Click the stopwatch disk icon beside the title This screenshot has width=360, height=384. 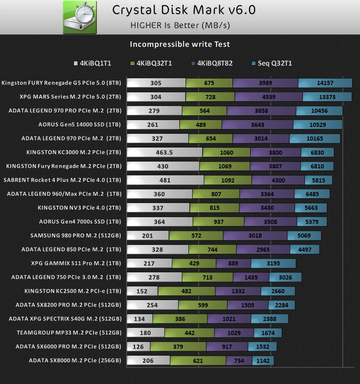tap(80, 17)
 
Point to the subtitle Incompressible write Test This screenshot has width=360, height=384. tap(180, 44)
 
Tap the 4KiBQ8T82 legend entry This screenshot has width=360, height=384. tap(212, 63)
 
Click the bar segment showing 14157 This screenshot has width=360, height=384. tap(325, 83)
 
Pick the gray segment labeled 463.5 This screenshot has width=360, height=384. tap(164, 152)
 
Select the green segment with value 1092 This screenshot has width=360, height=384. tap(228, 180)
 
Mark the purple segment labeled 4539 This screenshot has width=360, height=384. tap(268, 97)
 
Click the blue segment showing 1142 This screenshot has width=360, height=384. tap(263, 361)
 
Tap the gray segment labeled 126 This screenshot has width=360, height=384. tap(138, 347)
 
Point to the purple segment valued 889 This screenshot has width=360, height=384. tap(233, 263)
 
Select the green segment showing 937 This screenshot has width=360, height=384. tap(218, 222)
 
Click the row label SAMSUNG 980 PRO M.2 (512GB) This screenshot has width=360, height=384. tap(76, 236)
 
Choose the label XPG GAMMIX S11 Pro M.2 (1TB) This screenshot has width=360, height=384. tap(76, 263)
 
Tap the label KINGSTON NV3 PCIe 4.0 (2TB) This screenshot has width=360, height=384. tap(80, 208)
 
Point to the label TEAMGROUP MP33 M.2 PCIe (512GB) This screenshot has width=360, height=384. tap(69, 333)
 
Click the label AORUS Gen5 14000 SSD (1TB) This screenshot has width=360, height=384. tap(80, 124)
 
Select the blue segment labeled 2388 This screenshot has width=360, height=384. tap(270, 319)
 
